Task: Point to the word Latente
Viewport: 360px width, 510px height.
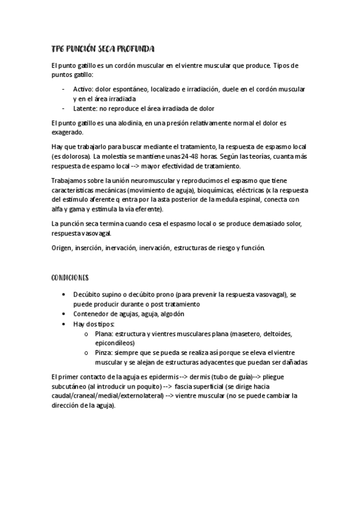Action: (x=85, y=108)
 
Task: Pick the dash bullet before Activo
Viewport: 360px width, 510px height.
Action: (x=64, y=88)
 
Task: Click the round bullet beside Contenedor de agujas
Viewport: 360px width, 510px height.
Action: (x=64, y=314)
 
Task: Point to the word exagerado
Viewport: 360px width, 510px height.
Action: (x=69, y=132)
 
